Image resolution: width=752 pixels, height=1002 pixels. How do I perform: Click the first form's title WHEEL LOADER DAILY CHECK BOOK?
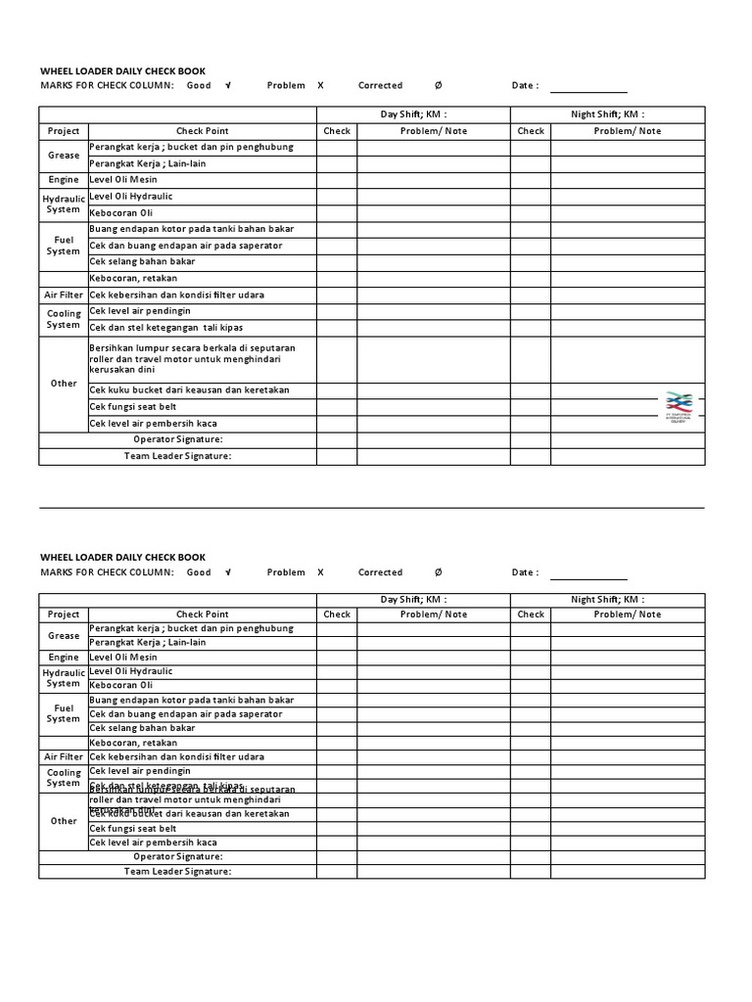(x=122, y=70)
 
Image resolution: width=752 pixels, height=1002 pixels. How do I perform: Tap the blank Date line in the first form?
(x=588, y=86)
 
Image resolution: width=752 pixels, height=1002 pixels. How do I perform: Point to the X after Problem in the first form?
(x=320, y=86)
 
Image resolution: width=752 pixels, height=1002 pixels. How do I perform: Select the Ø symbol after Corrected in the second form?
(x=438, y=573)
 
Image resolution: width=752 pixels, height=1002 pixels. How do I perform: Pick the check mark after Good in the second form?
(x=228, y=573)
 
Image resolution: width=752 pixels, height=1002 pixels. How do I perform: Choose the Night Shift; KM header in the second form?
(x=607, y=600)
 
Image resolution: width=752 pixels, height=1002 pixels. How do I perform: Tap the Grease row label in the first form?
(x=64, y=156)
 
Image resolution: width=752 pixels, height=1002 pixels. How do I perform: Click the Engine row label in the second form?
(x=64, y=659)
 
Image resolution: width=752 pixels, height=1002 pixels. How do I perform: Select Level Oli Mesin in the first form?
(x=123, y=180)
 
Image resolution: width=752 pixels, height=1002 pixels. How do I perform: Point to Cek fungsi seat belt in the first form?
(x=134, y=407)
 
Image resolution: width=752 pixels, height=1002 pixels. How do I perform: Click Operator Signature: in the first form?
(x=178, y=440)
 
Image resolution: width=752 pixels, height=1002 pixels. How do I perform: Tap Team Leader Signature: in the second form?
(x=178, y=872)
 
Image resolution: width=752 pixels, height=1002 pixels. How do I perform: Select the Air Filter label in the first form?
(x=64, y=295)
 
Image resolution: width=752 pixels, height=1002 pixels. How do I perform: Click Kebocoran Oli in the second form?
(x=121, y=686)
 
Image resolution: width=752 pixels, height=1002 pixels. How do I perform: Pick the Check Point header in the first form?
(x=203, y=131)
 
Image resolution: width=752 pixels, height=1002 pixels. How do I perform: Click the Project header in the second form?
(x=64, y=615)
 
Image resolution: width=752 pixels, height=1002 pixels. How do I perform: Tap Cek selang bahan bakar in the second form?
(x=142, y=729)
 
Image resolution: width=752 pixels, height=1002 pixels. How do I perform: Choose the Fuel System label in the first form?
(x=64, y=245)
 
